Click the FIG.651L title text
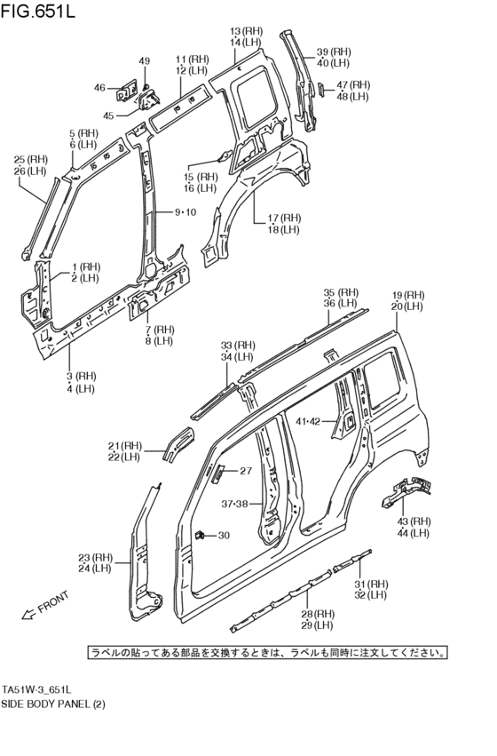click(x=38, y=11)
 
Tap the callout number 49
click(x=145, y=61)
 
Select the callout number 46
click(x=99, y=88)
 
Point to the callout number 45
click(x=109, y=115)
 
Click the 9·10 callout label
click(x=185, y=212)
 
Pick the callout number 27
click(x=246, y=470)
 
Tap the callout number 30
click(x=224, y=535)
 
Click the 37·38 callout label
click(x=234, y=504)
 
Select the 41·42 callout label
click(x=308, y=421)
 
